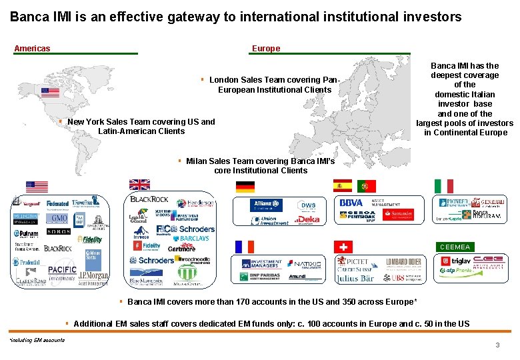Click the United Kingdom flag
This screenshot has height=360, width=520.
tap(140, 185)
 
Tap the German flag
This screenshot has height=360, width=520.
tap(245, 186)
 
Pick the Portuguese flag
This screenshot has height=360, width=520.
tap(366, 185)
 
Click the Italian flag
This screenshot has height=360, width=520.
tap(443, 186)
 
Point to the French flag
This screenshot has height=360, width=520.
tap(245, 247)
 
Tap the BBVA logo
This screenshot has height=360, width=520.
tap(351, 203)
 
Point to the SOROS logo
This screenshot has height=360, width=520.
tap(59, 232)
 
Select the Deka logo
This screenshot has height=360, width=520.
tap(307, 219)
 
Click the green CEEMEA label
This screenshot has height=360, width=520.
tap(455, 247)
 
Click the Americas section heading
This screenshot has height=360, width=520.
tap(32, 48)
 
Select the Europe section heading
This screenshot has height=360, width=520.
tap(266, 48)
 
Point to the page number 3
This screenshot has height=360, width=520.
tap(497, 345)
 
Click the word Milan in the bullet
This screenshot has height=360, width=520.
tap(197, 161)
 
